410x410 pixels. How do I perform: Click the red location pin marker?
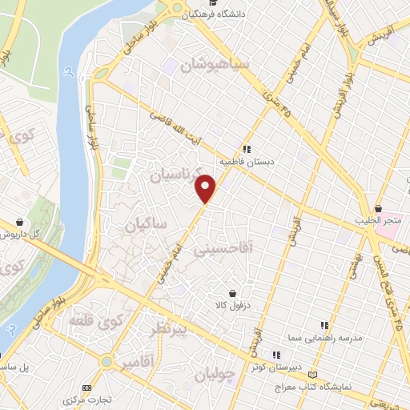pos(206,188)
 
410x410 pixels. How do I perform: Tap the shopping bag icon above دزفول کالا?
pos(233,293)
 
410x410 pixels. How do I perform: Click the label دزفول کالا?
pos(232,305)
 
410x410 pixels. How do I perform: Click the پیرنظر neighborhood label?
pos(169,329)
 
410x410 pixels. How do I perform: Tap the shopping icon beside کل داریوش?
pos(18,222)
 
